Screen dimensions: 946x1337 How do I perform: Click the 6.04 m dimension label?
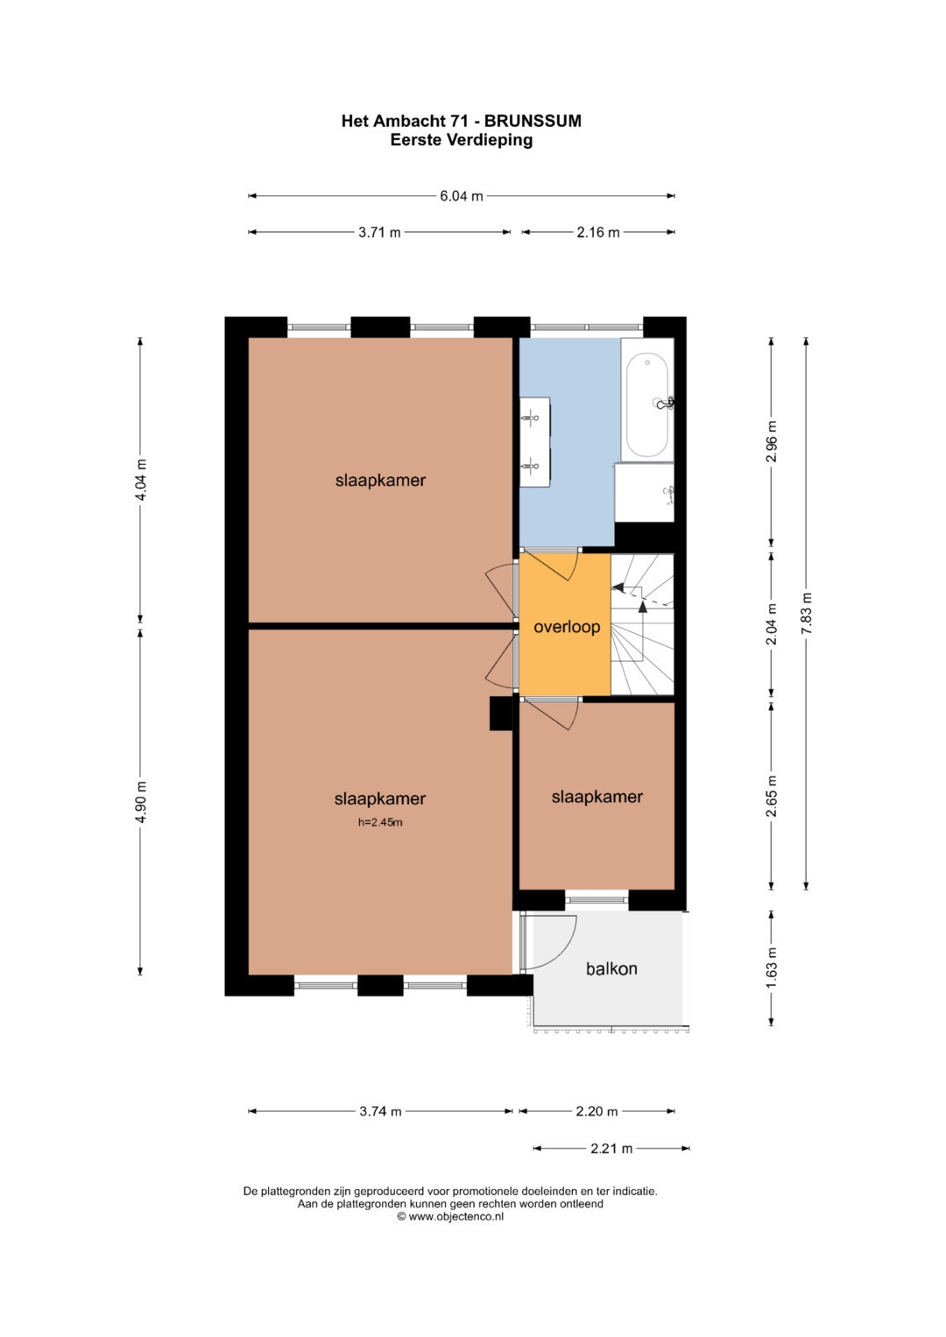(x=461, y=196)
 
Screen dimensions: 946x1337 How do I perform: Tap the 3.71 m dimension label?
(x=379, y=232)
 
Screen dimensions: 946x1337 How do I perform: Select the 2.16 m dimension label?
(x=597, y=232)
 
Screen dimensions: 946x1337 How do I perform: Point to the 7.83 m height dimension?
(x=806, y=614)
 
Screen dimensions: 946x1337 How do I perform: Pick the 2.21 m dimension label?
(x=611, y=1148)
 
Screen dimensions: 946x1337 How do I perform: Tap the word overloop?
(x=567, y=627)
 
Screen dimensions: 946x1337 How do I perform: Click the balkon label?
(x=611, y=968)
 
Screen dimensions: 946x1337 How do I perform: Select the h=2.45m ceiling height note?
(x=380, y=822)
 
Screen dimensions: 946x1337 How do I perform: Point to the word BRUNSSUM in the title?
(x=533, y=121)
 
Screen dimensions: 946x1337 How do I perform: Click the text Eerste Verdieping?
(x=461, y=140)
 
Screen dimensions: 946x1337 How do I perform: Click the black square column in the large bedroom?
(x=501, y=714)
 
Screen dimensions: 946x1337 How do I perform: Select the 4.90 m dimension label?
(x=141, y=802)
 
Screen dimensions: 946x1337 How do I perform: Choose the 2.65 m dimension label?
(x=772, y=796)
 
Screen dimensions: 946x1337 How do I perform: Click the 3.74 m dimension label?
(x=380, y=1111)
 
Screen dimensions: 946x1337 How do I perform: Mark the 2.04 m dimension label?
(x=772, y=623)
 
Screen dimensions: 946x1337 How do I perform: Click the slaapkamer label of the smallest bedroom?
(x=597, y=797)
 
